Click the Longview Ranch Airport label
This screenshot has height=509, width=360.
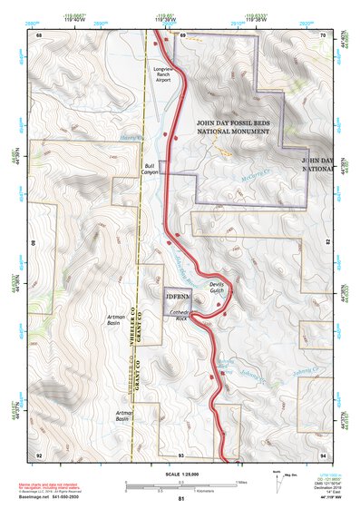coord(162,74)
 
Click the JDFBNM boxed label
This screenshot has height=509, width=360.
coord(179,297)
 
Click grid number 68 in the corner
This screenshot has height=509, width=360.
coord(39,34)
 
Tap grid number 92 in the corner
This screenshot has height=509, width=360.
coord(39,454)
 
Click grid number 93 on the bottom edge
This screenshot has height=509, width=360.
coord(180,454)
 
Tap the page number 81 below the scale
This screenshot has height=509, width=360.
coord(180,500)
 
